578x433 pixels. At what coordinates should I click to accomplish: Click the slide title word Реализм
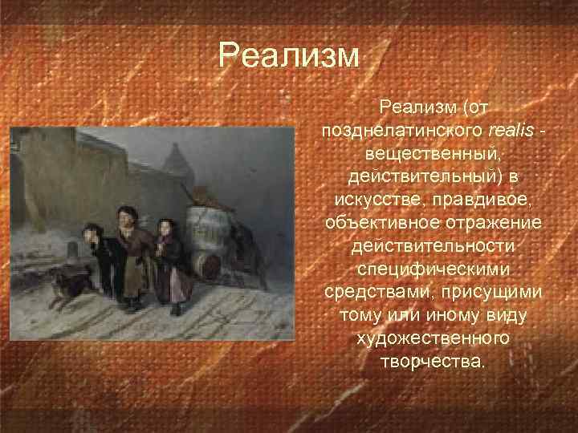click(x=291, y=56)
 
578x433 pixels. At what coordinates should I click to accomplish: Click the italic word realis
click(x=511, y=129)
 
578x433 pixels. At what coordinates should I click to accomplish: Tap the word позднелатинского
click(x=402, y=129)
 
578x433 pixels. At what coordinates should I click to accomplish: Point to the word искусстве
click(x=376, y=198)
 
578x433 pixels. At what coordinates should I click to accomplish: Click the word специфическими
click(x=432, y=267)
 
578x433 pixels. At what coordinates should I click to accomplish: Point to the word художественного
click(x=432, y=337)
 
